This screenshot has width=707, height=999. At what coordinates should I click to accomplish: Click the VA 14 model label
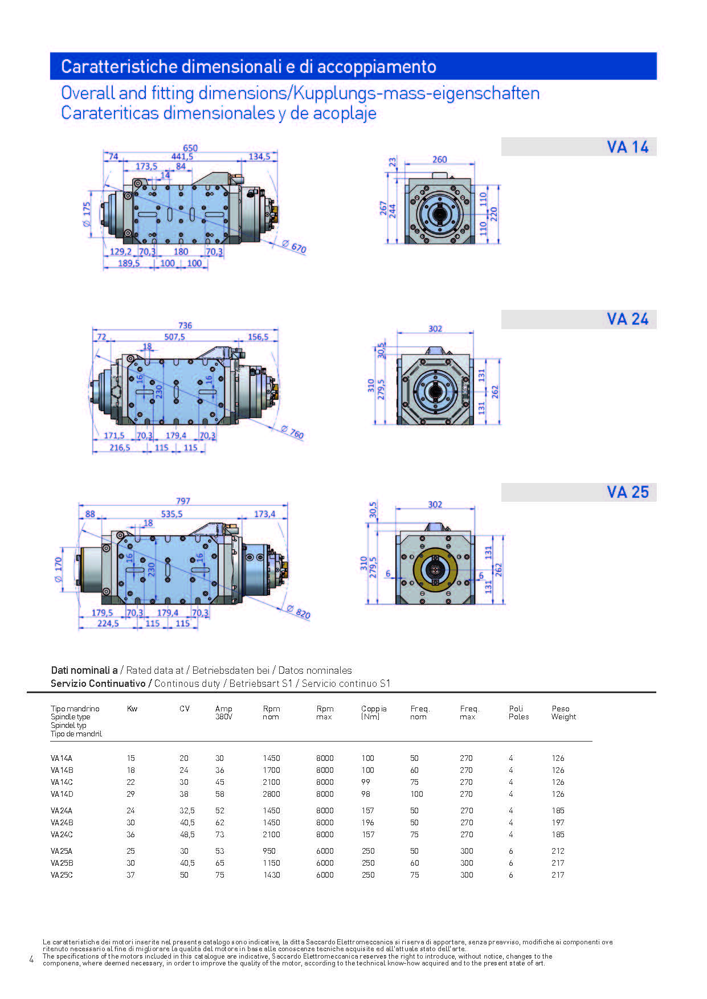click(627, 147)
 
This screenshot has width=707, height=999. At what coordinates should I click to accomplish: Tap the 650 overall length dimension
click(190, 148)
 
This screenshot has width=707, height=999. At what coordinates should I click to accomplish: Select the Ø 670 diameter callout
click(294, 247)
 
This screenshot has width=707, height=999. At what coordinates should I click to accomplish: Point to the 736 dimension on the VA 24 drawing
click(185, 325)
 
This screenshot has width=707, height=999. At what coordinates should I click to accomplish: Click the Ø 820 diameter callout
click(298, 612)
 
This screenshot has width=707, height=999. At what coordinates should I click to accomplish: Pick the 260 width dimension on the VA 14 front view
click(439, 159)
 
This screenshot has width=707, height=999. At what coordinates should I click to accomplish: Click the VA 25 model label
click(627, 492)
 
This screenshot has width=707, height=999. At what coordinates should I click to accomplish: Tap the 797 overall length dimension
click(183, 501)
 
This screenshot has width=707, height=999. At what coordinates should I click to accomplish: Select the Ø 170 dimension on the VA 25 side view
click(58, 570)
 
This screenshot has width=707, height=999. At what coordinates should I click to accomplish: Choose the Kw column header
click(132, 709)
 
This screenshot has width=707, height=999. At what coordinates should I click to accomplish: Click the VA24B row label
click(62, 822)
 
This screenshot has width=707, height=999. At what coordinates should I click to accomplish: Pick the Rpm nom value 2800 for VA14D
click(271, 794)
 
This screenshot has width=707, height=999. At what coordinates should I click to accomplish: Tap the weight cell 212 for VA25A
click(558, 851)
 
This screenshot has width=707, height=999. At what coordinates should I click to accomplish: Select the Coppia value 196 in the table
click(368, 822)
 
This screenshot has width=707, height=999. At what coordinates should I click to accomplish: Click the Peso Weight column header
click(563, 713)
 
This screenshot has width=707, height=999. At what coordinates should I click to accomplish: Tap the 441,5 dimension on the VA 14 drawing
click(182, 157)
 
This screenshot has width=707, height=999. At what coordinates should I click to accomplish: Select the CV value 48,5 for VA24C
click(187, 834)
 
